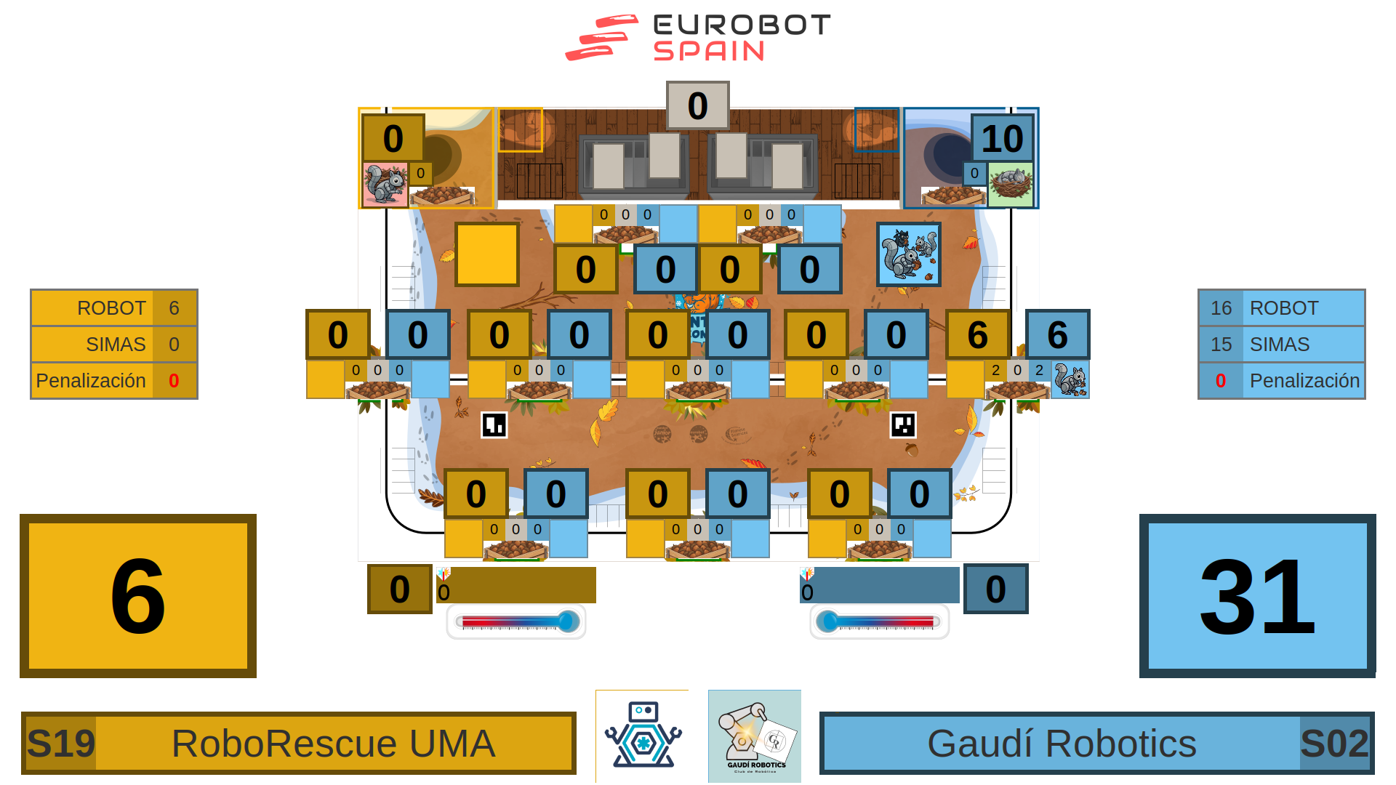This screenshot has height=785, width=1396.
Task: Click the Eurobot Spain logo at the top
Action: [698, 37]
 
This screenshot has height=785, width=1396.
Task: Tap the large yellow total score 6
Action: [138, 596]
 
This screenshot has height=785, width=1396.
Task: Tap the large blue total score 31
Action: [1257, 596]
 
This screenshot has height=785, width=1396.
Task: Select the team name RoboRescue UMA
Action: [333, 744]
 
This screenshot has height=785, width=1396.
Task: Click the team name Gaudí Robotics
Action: [1062, 744]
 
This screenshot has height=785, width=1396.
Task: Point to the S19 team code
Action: [61, 744]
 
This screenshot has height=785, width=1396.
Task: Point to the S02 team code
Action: [1334, 744]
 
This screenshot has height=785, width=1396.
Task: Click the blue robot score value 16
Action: [1221, 308]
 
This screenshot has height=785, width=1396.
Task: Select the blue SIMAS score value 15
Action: [1221, 345]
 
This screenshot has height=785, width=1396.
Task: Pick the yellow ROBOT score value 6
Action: [174, 308]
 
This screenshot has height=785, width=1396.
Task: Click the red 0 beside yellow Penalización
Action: [174, 381]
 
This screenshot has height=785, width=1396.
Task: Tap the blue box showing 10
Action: [1002, 138]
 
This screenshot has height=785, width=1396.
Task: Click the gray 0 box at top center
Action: [697, 106]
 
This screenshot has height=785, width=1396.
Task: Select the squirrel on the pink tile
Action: [385, 184]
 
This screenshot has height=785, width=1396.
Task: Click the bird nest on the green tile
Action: [1011, 184]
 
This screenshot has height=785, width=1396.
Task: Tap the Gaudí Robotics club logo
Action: [755, 736]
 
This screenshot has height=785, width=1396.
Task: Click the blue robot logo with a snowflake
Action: [642, 736]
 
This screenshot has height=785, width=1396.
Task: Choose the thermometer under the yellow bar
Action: [516, 621]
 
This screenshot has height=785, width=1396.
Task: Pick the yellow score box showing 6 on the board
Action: [977, 334]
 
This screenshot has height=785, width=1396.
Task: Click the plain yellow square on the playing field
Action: [487, 254]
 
